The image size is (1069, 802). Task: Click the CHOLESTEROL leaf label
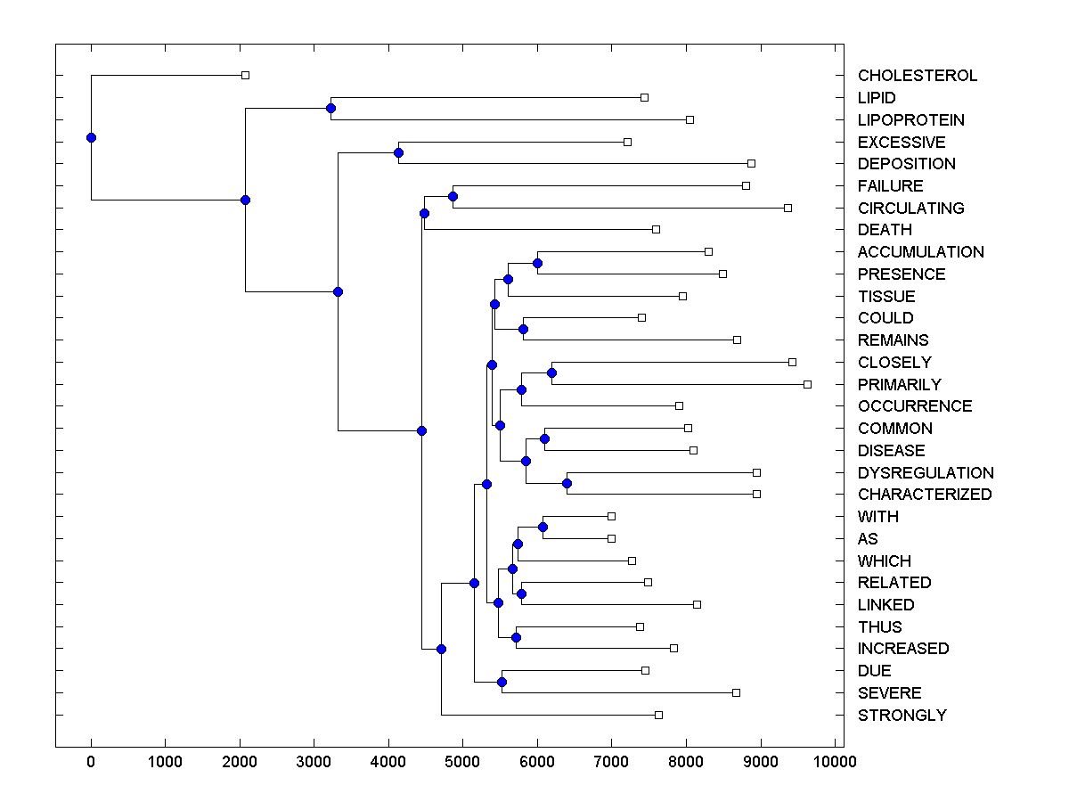click(x=918, y=76)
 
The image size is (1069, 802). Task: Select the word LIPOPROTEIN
click(x=910, y=120)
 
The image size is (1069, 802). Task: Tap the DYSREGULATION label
click(x=926, y=473)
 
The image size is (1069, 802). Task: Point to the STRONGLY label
click(x=902, y=716)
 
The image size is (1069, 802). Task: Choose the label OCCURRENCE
click(x=915, y=406)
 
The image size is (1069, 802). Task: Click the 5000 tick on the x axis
click(x=462, y=761)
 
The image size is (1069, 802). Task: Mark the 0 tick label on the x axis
click(x=91, y=761)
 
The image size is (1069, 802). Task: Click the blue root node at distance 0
click(x=91, y=137)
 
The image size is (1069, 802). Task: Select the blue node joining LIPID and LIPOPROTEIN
click(x=330, y=108)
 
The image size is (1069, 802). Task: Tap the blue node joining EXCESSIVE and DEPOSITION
click(x=398, y=152)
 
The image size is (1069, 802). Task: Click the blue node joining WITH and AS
click(x=543, y=527)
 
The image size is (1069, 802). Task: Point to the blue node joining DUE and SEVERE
click(x=502, y=682)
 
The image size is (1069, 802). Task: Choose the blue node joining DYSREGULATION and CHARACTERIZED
click(x=567, y=484)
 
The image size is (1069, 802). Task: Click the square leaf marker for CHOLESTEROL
click(x=246, y=76)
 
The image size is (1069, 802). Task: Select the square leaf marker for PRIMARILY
click(x=807, y=384)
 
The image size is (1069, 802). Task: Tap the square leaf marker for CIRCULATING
click(x=787, y=208)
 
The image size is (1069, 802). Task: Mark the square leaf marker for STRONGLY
click(x=658, y=715)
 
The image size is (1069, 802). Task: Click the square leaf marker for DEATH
click(x=656, y=229)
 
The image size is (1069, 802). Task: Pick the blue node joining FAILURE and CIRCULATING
click(x=453, y=196)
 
